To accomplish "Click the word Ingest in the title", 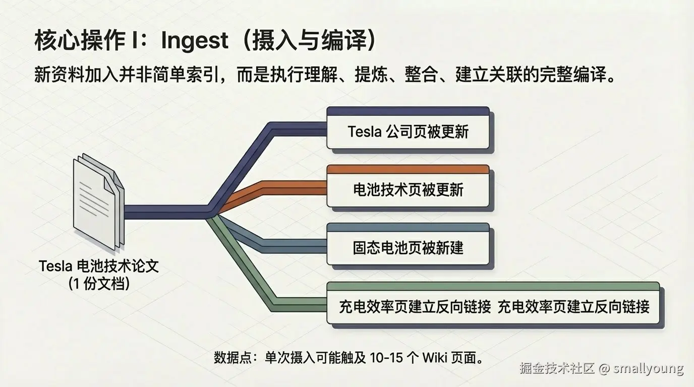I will coord(194,41).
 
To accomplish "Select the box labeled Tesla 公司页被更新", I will coord(408,132).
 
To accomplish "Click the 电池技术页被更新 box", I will coord(408,190).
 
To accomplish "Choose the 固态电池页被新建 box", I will coord(408,248).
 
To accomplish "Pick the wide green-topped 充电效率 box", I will coord(493,306).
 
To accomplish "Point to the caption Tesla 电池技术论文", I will coord(99,266).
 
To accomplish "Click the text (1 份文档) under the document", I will coord(99,283).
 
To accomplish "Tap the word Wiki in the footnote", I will coord(434,358).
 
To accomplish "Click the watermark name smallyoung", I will coord(648,368).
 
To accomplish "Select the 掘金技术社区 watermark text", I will coord(557,368).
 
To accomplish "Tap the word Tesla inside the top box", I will coord(365,132).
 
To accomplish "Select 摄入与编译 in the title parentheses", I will coord(307,41).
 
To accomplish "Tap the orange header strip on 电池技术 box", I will coord(408,169).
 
